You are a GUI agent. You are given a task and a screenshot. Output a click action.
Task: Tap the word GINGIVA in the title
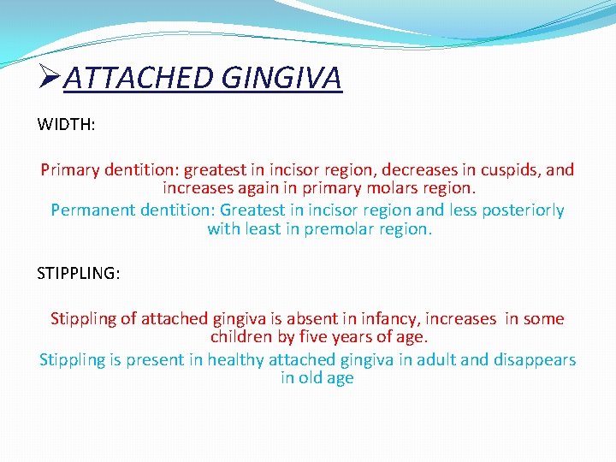coord(281,78)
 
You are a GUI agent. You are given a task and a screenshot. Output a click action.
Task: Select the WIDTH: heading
coord(66,124)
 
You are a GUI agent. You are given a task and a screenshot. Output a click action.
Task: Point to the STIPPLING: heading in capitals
coord(79,273)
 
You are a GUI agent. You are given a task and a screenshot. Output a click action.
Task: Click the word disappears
coord(535,359)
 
